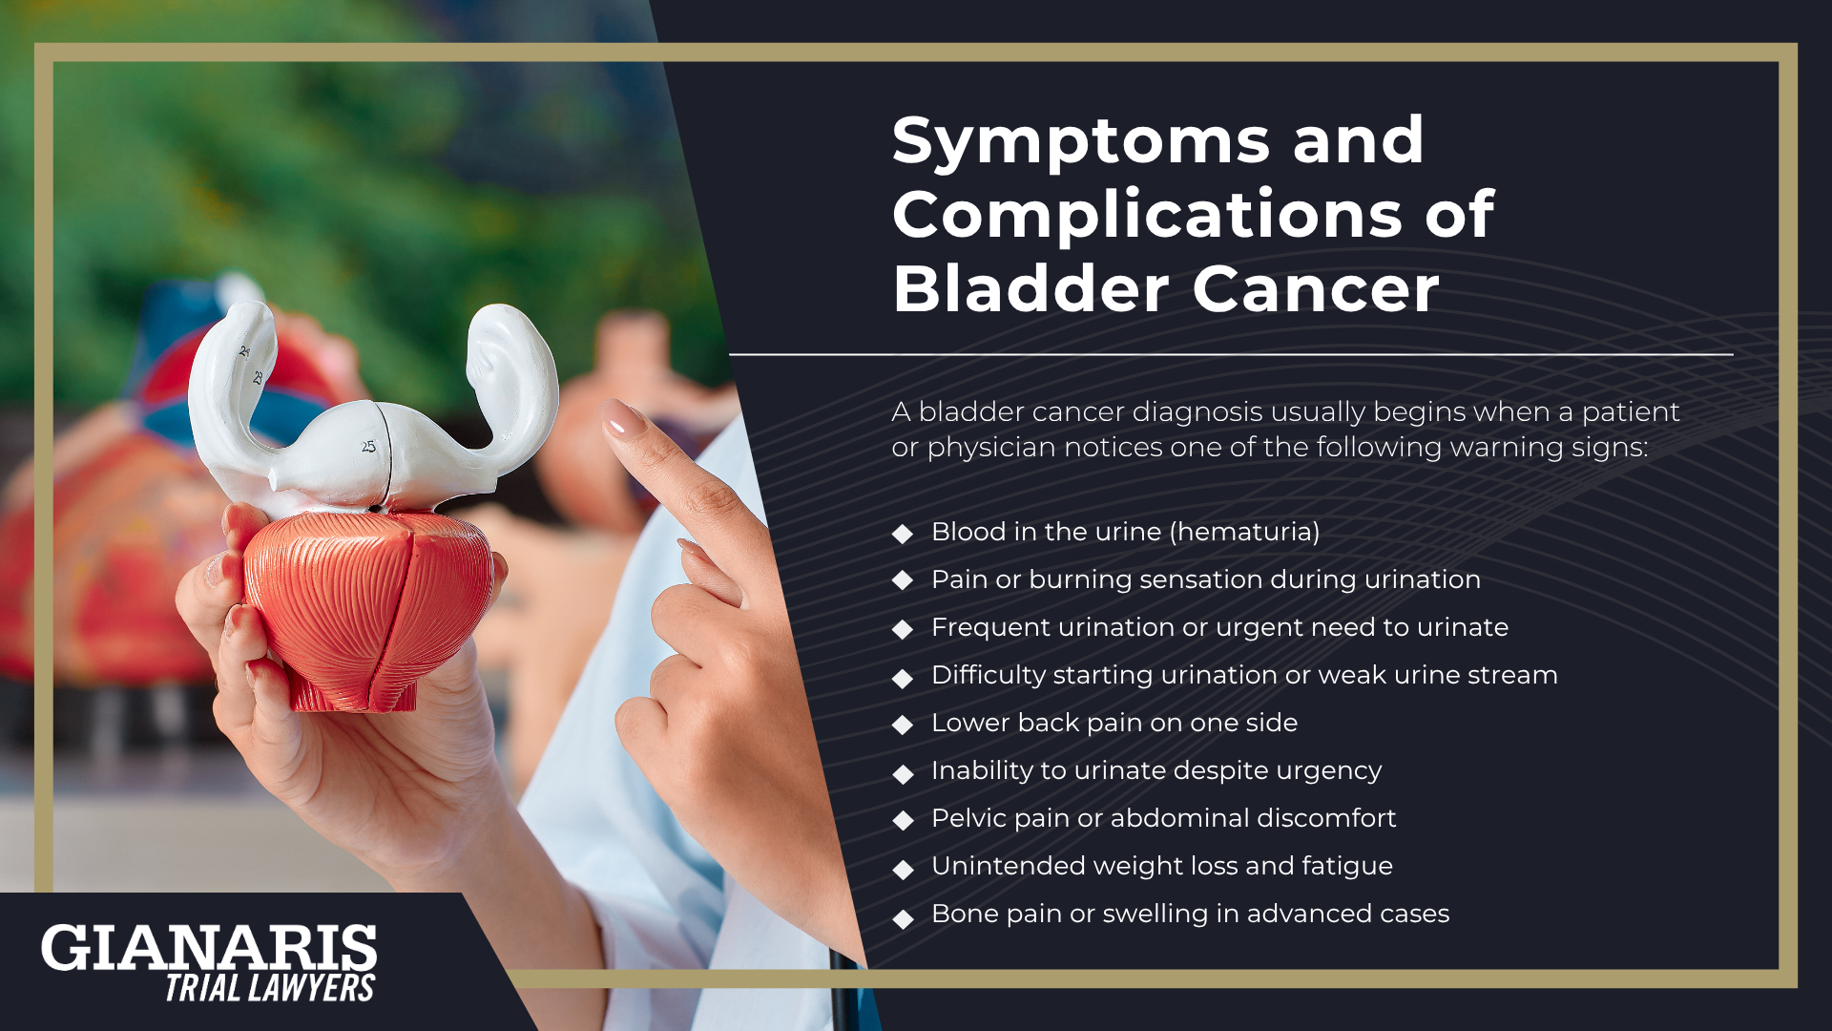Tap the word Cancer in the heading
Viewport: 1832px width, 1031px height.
1316,288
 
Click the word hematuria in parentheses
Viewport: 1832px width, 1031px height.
1247,532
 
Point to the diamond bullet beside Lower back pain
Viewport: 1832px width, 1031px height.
903,725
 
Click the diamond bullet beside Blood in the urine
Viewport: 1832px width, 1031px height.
903,534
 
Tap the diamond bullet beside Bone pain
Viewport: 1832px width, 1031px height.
903,918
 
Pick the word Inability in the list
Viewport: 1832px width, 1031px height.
982,771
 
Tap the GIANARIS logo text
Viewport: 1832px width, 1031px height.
209,948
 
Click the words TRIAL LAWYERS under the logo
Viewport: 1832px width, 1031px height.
270,988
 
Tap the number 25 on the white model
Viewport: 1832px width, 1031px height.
368,446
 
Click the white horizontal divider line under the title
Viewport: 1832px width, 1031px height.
1231,355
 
